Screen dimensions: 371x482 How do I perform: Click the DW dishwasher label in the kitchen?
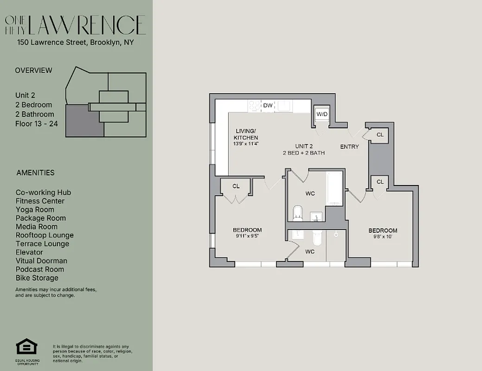268,106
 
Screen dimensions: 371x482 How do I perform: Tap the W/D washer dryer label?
322,114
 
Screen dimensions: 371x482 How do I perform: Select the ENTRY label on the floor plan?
349,147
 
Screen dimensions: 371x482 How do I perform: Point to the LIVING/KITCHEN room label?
246,134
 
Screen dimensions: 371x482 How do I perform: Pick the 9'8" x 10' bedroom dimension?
383,237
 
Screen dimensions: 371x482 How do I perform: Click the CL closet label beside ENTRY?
380,135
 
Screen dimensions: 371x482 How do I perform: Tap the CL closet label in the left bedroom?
236,186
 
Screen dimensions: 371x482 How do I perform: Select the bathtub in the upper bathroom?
334,188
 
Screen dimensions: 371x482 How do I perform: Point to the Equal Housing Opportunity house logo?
26,347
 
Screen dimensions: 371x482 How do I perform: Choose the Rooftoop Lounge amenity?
45,235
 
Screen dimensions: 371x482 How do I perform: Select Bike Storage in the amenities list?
37,278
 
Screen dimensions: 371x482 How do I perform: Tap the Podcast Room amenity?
40,269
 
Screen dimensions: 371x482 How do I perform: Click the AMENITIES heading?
35,173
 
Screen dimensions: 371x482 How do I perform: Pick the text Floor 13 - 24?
37,124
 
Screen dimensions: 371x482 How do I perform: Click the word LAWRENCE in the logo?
87,26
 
